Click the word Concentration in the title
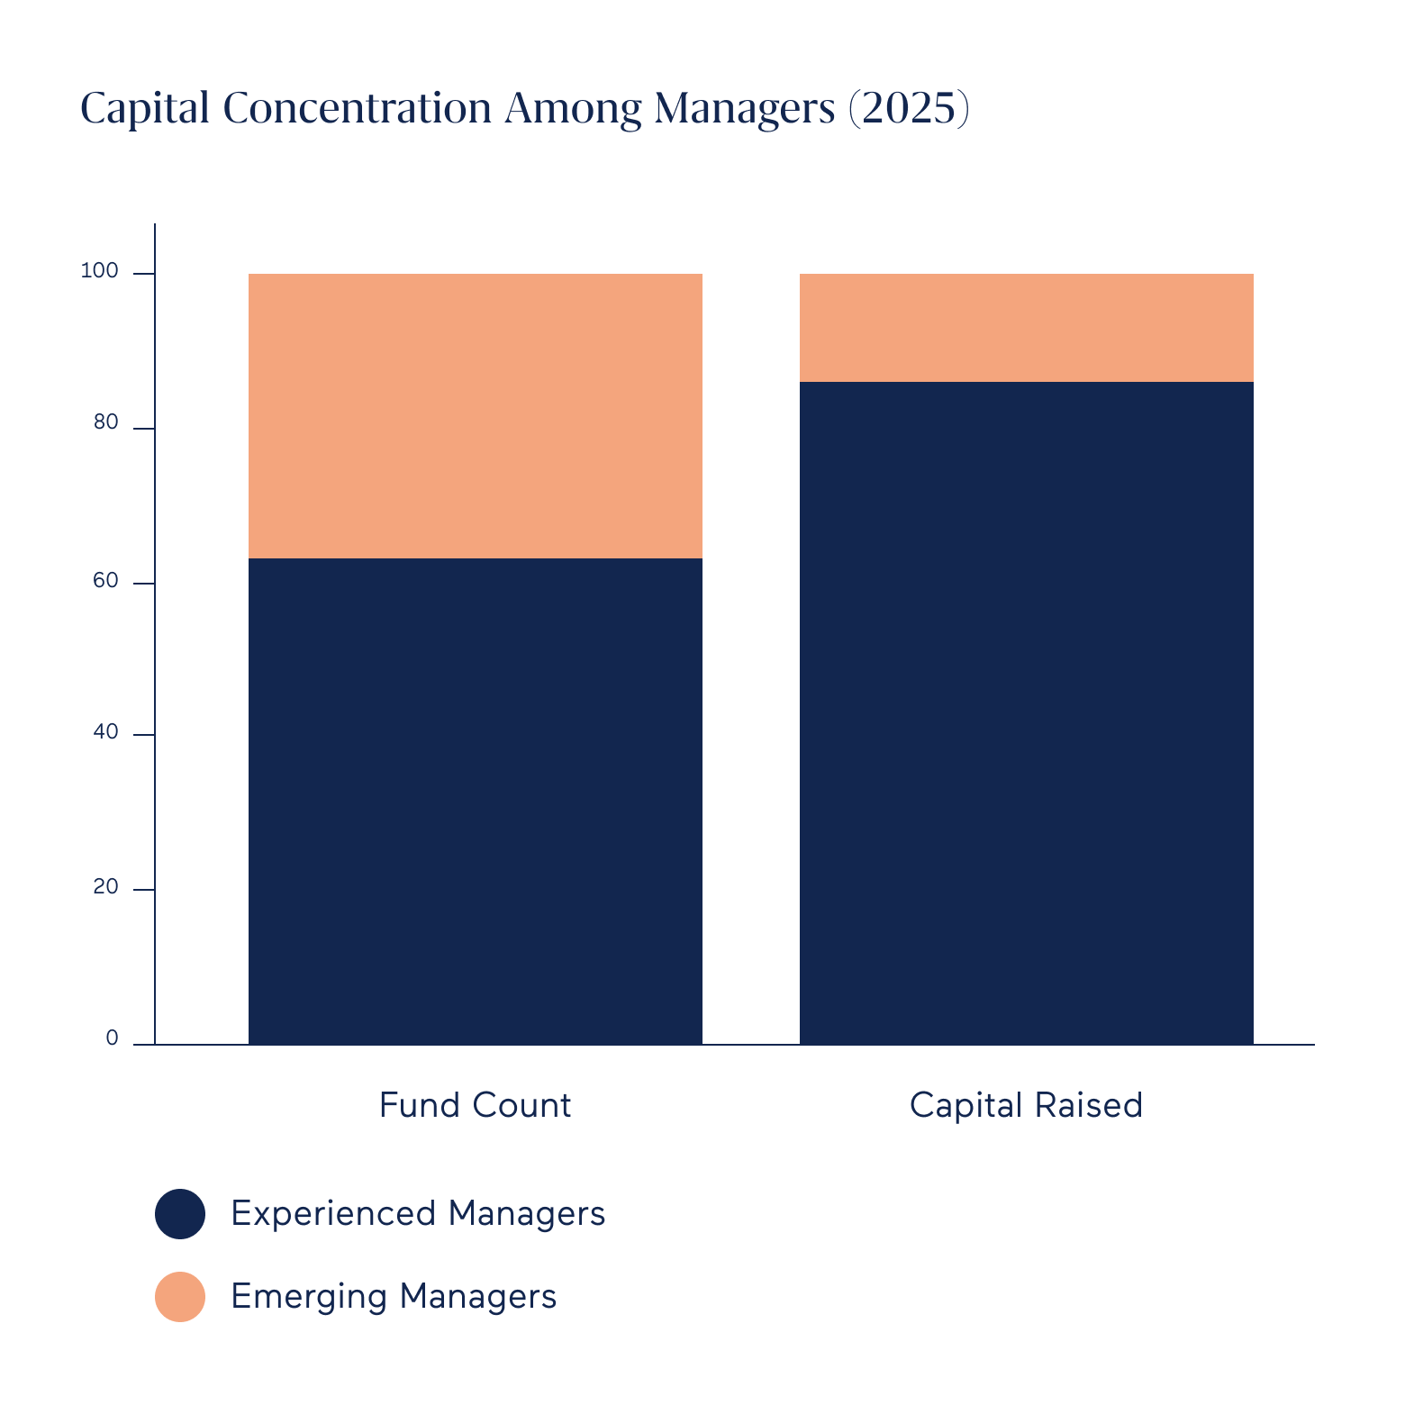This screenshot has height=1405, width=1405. tap(357, 108)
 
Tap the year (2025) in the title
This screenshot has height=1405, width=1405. tap(909, 108)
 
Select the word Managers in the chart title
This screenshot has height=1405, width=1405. tap(745, 108)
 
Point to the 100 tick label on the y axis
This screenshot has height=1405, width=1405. tap(99, 270)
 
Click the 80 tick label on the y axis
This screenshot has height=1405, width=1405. tap(105, 422)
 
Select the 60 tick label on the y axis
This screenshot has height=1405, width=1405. tap(105, 581)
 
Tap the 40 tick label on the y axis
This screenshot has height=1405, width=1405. tap(105, 732)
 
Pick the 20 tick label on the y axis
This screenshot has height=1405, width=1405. tap(105, 887)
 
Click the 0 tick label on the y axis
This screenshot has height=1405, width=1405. tap(112, 1038)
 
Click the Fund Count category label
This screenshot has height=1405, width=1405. tap(475, 1105)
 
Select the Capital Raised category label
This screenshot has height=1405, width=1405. tap(1026, 1105)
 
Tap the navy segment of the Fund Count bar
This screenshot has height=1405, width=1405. tap(475, 802)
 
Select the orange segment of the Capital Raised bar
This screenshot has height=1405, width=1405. tap(1026, 328)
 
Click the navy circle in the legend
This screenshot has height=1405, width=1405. tap(180, 1214)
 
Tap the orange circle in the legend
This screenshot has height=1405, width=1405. tap(180, 1297)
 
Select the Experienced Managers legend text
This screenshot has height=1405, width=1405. tap(418, 1214)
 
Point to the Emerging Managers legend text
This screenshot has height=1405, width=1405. tap(394, 1297)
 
